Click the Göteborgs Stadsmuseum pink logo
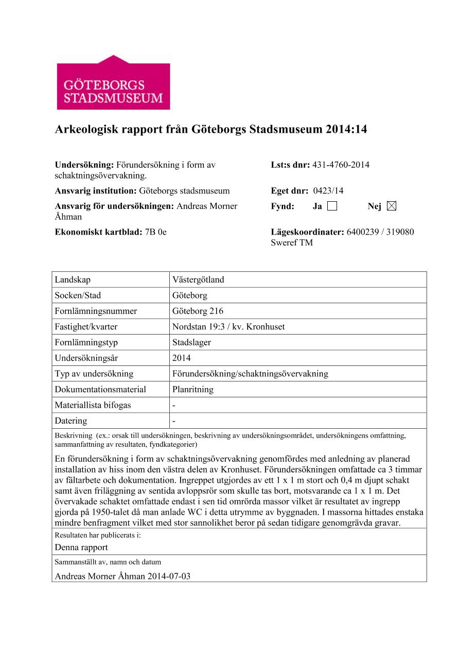tap(113, 83)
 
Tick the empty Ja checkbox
tap(332, 206)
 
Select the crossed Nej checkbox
tap(392, 206)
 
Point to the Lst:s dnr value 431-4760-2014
tap(340, 165)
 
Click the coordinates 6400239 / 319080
tap(380, 232)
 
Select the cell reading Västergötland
tap(198, 280)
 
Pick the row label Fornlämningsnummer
tap(96, 311)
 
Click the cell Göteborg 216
tap(198, 311)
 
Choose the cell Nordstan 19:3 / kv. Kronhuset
tap(228, 327)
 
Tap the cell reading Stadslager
tap(191, 342)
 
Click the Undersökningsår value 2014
tap(181, 358)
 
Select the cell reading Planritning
tap(192, 389)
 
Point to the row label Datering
tap(71, 420)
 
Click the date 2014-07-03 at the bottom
tap(169, 576)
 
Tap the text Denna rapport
tap(81, 547)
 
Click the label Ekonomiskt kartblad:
tap(98, 232)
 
